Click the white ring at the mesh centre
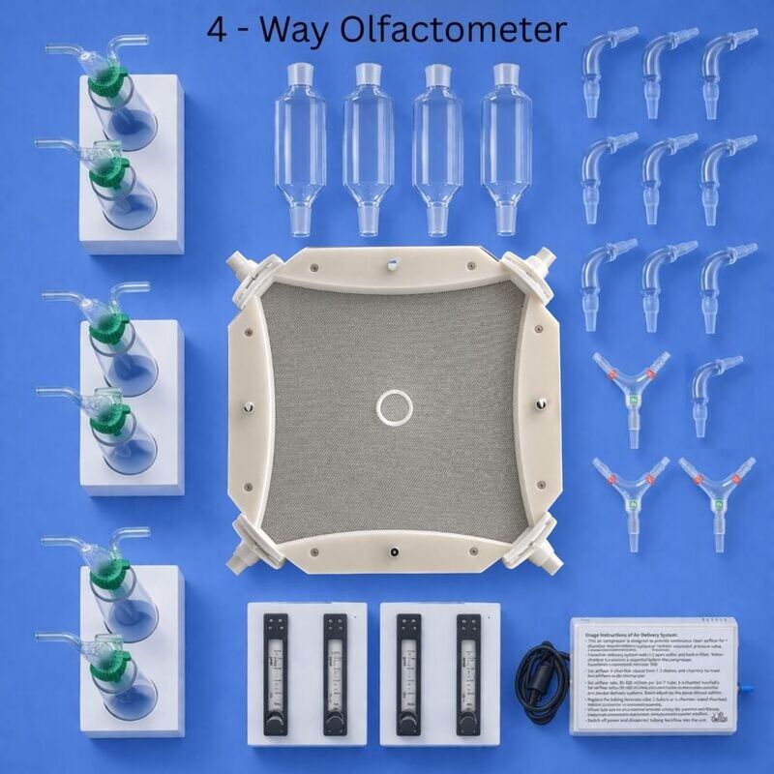[395, 407]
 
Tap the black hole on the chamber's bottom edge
[394, 551]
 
